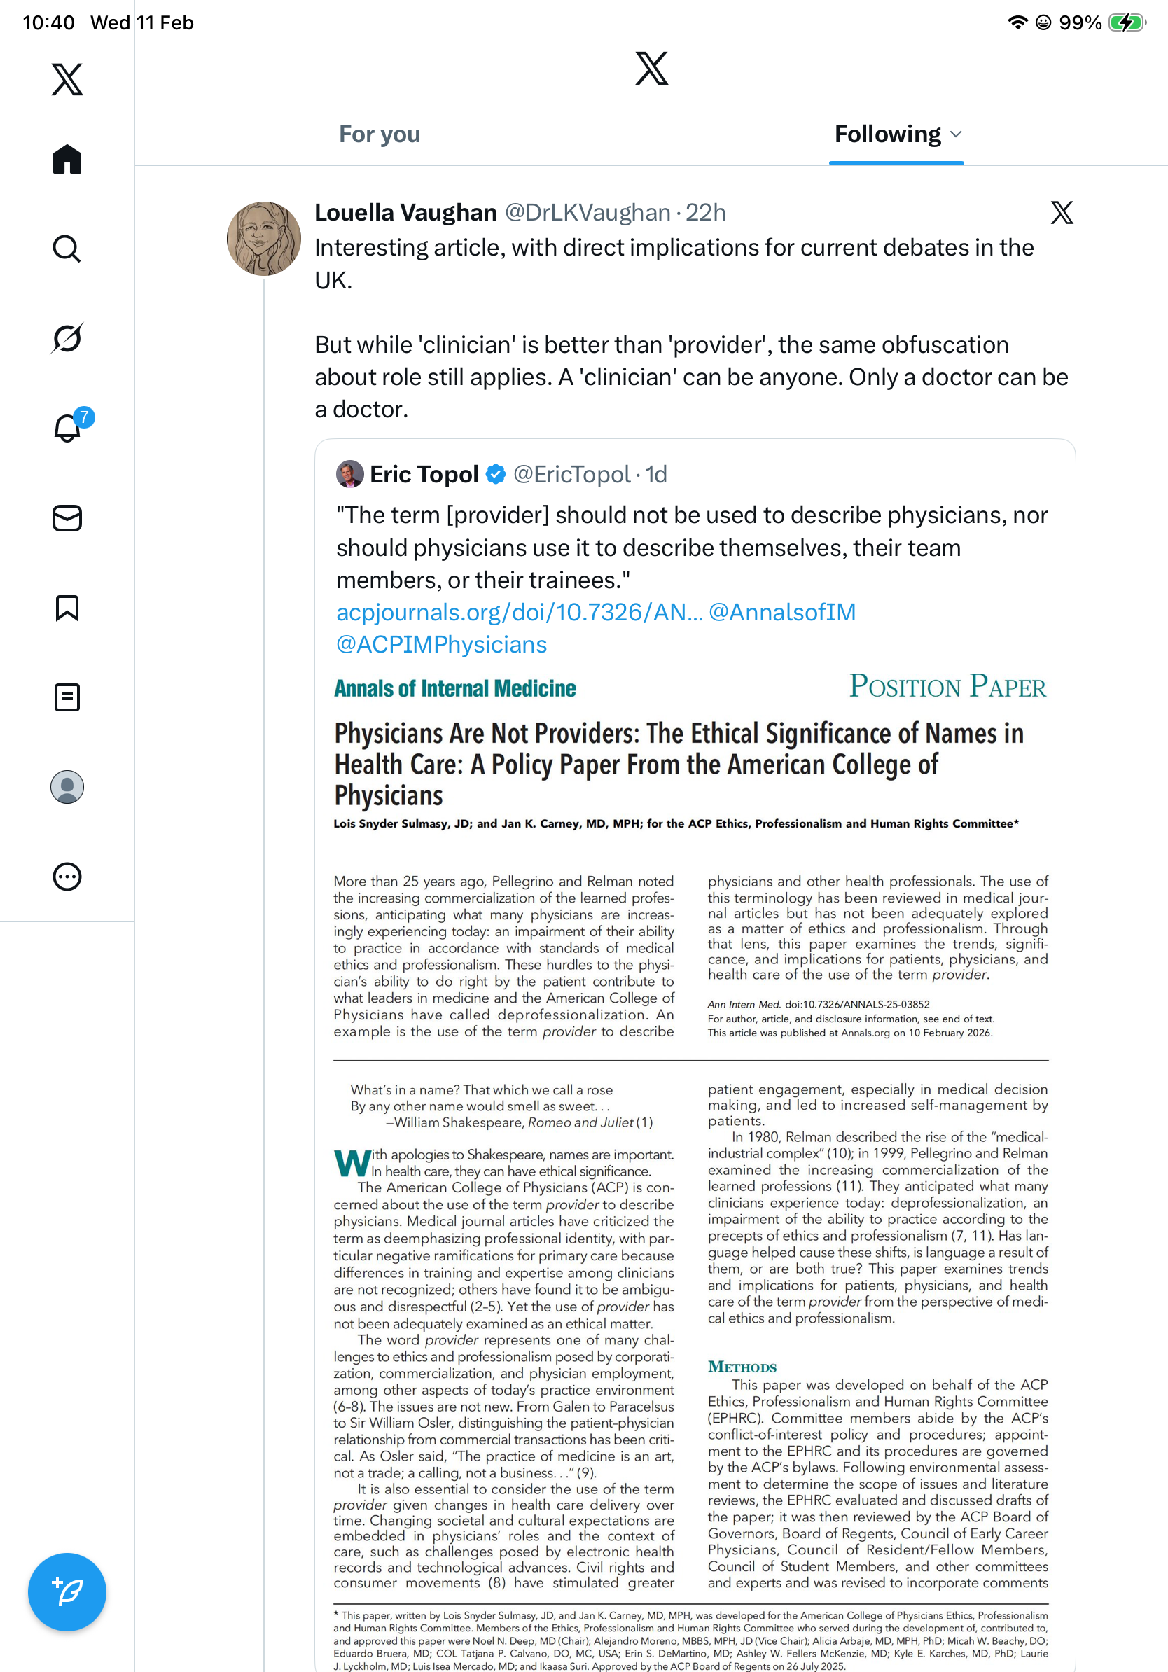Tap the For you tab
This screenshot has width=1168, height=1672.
[x=380, y=134]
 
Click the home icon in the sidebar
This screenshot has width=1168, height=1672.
[x=67, y=159]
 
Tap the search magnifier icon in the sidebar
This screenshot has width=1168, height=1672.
[x=67, y=249]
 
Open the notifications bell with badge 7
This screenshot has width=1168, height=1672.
[x=68, y=428]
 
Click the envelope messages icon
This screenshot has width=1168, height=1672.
[x=67, y=517]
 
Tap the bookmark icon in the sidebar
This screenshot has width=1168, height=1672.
[x=67, y=607]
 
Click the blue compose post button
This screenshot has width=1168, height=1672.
[x=67, y=1591]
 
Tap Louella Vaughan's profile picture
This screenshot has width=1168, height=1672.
[x=263, y=239]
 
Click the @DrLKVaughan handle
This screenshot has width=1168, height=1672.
[x=587, y=213]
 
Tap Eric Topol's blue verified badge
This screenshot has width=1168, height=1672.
[x=496, y=474]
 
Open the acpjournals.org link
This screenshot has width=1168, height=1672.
[x=518, y=613]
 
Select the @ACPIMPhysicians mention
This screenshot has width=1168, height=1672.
[x=441, y=644]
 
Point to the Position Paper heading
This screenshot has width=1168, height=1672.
[x=947, y=687]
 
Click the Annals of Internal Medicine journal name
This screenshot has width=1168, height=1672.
[x=454, y=688]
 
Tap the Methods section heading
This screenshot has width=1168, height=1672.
[x=742, y=1367]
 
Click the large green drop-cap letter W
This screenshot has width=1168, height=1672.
[x=352, y=1163]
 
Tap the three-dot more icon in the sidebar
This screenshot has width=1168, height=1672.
[x=67, y=877]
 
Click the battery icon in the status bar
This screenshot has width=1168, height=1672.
[x=1126, y=22]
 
